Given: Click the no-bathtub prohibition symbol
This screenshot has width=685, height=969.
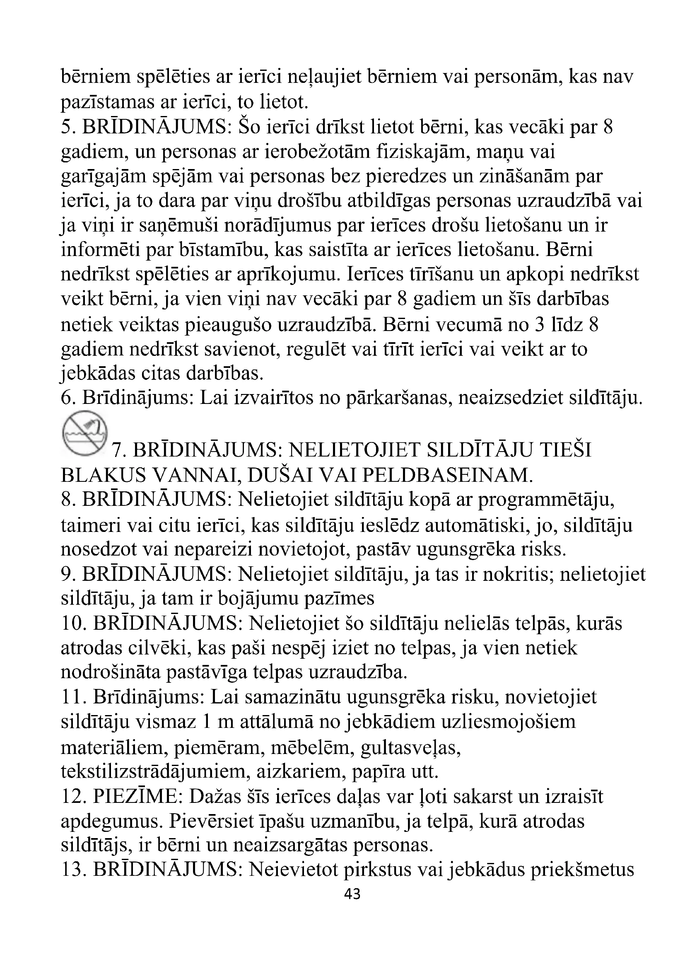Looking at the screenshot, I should pos(85,433).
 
